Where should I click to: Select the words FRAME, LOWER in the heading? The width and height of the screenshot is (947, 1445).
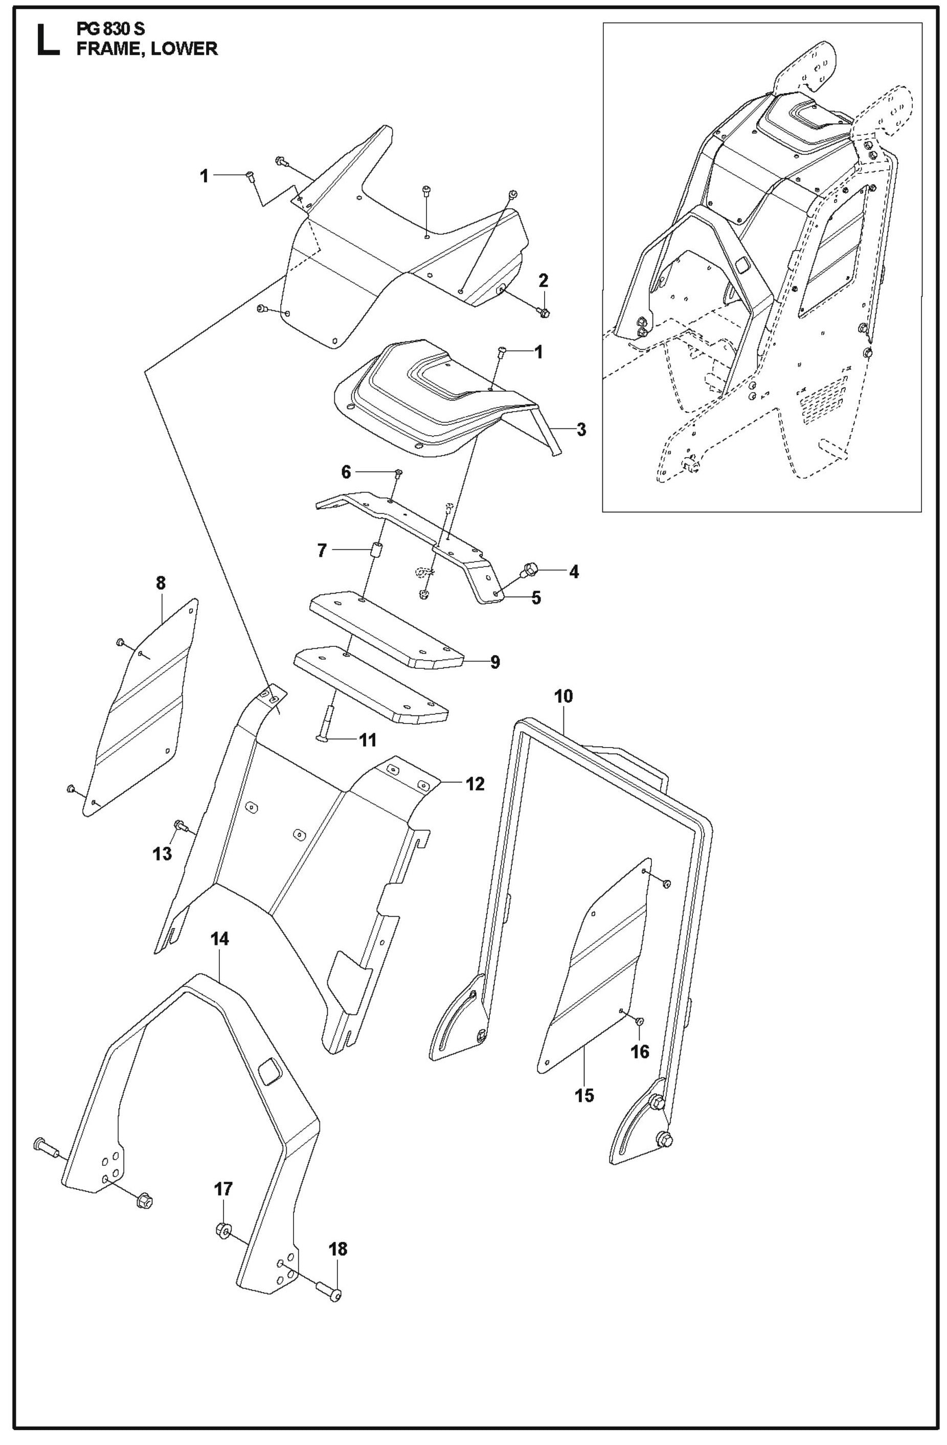point(146,49)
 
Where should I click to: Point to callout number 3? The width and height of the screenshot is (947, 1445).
point(581,430)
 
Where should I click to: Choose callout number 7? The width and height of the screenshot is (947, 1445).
point(322,551)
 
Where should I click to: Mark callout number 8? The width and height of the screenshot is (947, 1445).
point(160,583)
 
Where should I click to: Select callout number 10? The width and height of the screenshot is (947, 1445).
point(563,696)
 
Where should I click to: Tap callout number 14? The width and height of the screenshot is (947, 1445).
point(220,939)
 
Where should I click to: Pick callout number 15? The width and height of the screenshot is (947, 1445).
point(585,1095)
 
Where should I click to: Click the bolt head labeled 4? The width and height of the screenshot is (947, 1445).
point(530,570)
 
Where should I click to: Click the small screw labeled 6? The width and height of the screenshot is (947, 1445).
point(398,473)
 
